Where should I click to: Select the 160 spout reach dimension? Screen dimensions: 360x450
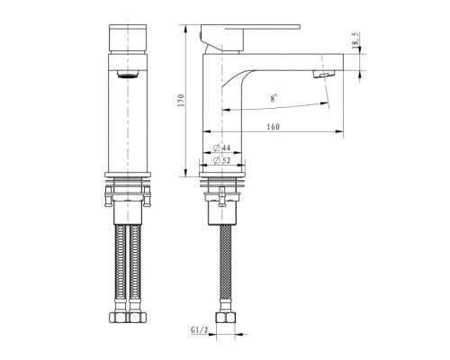pyautogui.click(x=273, y=127)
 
